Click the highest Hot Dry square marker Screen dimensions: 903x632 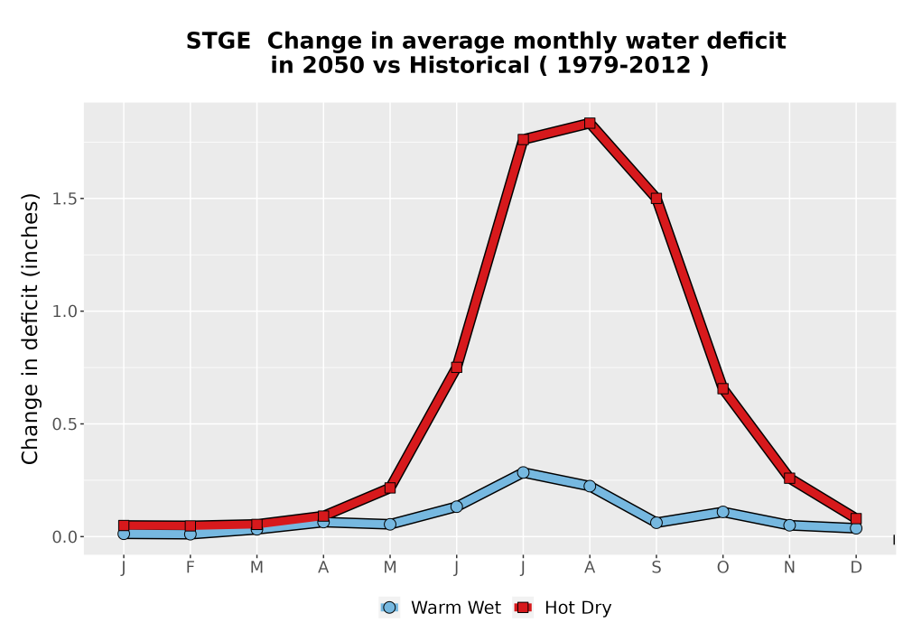point(589,123)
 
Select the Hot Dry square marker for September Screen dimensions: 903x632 point(656,198)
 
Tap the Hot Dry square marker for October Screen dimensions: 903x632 point(722,388)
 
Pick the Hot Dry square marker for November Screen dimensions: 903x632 point(789,478)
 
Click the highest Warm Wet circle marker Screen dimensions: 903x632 point(523,472)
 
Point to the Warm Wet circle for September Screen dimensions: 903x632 point(656,523)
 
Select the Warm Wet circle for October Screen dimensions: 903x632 point(722,512)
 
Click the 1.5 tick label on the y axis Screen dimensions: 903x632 point(64,199)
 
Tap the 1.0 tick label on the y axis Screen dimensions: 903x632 point(64,311)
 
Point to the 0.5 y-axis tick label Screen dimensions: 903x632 point(64,424)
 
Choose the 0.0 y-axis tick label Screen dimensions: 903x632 point(64,537)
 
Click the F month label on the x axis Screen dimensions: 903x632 point(190,568)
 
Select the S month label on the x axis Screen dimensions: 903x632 point(656,568)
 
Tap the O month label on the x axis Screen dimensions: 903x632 point(722,568)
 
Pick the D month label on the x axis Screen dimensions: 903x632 point(856,568)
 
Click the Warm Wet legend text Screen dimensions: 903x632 point(456,608)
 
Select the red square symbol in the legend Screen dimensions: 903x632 point(523,608)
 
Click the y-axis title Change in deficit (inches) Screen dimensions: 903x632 point(30,329)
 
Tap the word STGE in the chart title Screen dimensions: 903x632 point(219,42)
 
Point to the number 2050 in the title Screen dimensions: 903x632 point(333,66)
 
